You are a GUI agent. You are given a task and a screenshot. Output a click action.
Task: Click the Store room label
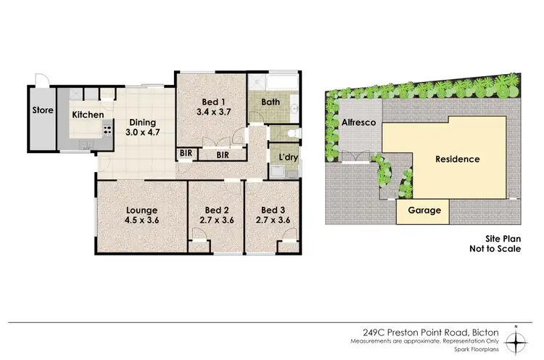point(41,111)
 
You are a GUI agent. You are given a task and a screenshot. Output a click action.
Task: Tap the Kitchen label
point(87,115)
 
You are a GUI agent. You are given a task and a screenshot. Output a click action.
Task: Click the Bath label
point(271,102)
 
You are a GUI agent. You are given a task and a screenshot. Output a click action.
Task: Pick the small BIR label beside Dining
point(185,155)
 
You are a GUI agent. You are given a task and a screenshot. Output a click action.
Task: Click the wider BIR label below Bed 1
point(221,155)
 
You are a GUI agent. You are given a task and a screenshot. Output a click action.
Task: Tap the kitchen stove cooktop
point(107,131)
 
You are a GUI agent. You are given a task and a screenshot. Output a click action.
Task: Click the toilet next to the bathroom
point(291,134)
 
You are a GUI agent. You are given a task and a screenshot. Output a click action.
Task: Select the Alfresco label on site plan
point(358,123)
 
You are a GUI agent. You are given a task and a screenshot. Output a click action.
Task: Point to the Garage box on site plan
point(422,210)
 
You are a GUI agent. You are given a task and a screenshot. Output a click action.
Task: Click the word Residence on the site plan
point(457,159)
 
